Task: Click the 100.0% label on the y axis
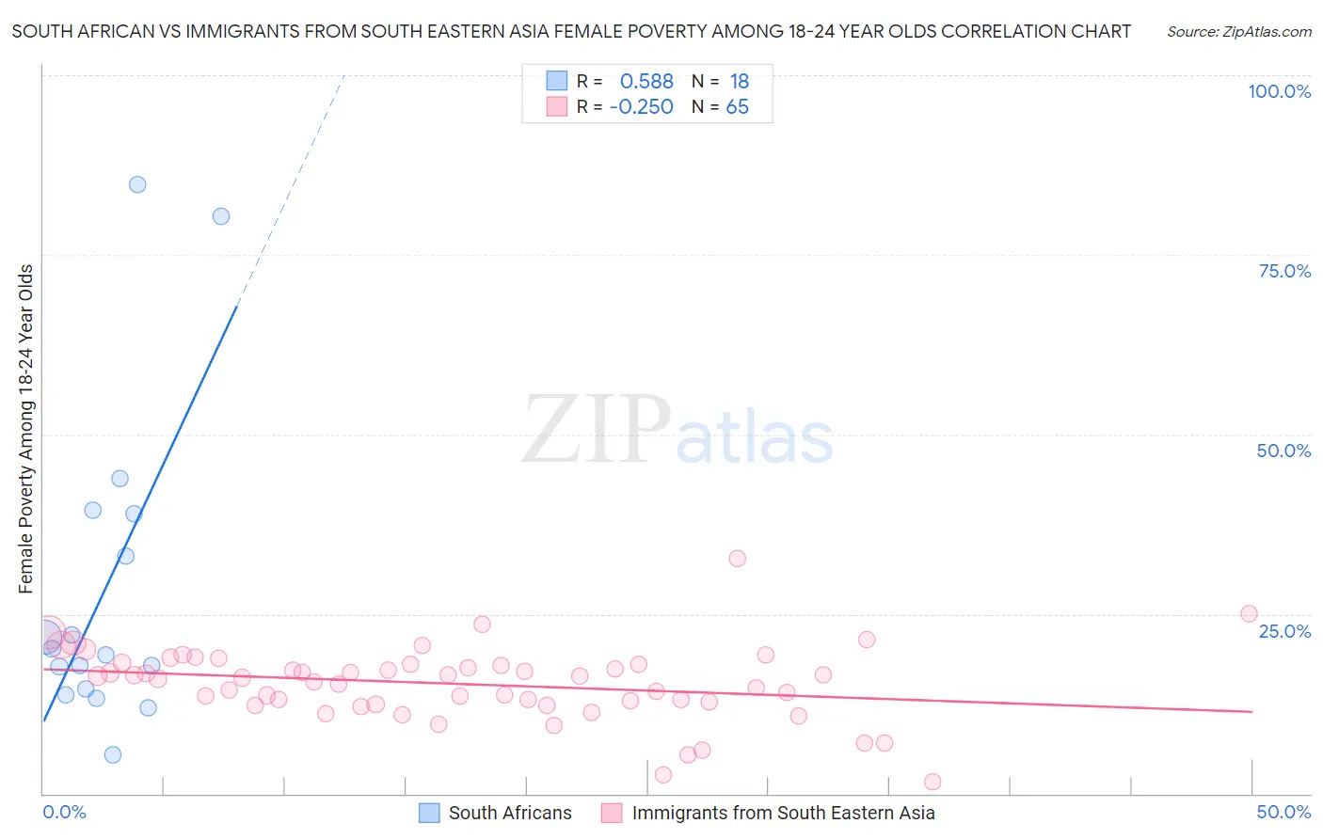[1279, 91]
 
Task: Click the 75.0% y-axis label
[1284, 271]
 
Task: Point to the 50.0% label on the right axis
[1283, 451]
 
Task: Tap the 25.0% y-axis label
[1284, 631]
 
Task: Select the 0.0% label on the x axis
[64, 812]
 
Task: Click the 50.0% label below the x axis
[1283, 812]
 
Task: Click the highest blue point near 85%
[137, 184]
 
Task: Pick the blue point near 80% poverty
[221, 216]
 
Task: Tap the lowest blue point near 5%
[113, 754]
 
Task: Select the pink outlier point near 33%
[738, 559]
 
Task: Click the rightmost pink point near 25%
[1249, 614]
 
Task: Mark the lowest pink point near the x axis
[932, 782]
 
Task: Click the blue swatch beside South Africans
[429, 813]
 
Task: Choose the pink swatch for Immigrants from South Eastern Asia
[612, 813]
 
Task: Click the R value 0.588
[646, 82]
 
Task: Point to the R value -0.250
[642, 107]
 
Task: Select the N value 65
[738, 107]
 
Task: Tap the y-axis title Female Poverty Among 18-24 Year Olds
[26, 429]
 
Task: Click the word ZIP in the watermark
[597, 431]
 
